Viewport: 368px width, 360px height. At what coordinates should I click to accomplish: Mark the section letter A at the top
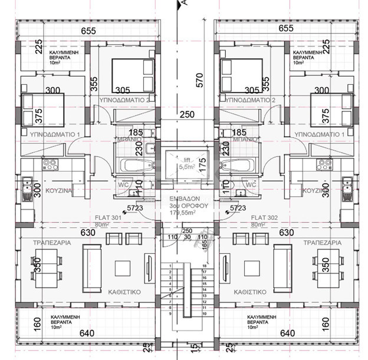[x=184, y=4]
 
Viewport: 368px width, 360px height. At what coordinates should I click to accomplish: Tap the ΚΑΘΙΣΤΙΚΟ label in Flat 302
[x=248, y=292]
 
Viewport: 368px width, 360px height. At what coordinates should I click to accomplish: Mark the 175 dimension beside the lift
[x=203, y=163]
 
